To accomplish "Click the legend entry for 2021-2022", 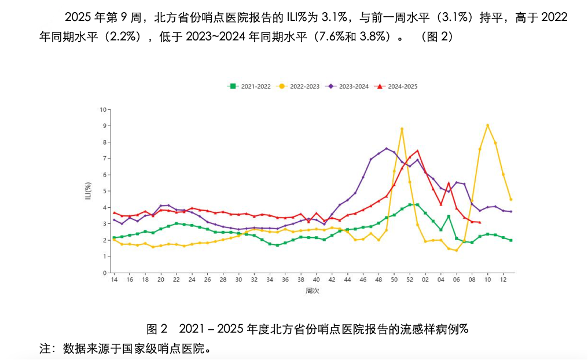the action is click(x=249, y=86).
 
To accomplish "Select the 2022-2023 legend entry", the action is click(x=298, y=86).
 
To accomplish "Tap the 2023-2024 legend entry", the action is click(x=347, y=86).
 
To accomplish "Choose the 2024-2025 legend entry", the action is click(x=396, y=86).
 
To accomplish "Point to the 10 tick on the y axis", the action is click(x=103, y=109).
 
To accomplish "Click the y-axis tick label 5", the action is click(x=105, y=191).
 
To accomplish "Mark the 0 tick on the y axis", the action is click(x=105, y=273).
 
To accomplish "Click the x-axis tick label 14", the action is click(x=114, y=280).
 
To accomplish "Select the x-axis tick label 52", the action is click(x=410, y=280).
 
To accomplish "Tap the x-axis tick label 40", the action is click(x=317, y=280).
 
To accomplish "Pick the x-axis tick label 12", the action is click(x=504, y=280).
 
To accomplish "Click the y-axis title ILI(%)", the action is click(x=88, y=191).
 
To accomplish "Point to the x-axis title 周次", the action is click(x=313, y=291).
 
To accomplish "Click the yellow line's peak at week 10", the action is click(x=487, y=125).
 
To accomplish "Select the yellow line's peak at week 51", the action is click(x=402, y=129).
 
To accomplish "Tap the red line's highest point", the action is click(x=417, y=150).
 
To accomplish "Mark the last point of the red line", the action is click(x=480, y=222).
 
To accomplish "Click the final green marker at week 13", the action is click(x=511, y=240).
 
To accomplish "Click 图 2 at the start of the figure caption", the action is click(x=157, y=329).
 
